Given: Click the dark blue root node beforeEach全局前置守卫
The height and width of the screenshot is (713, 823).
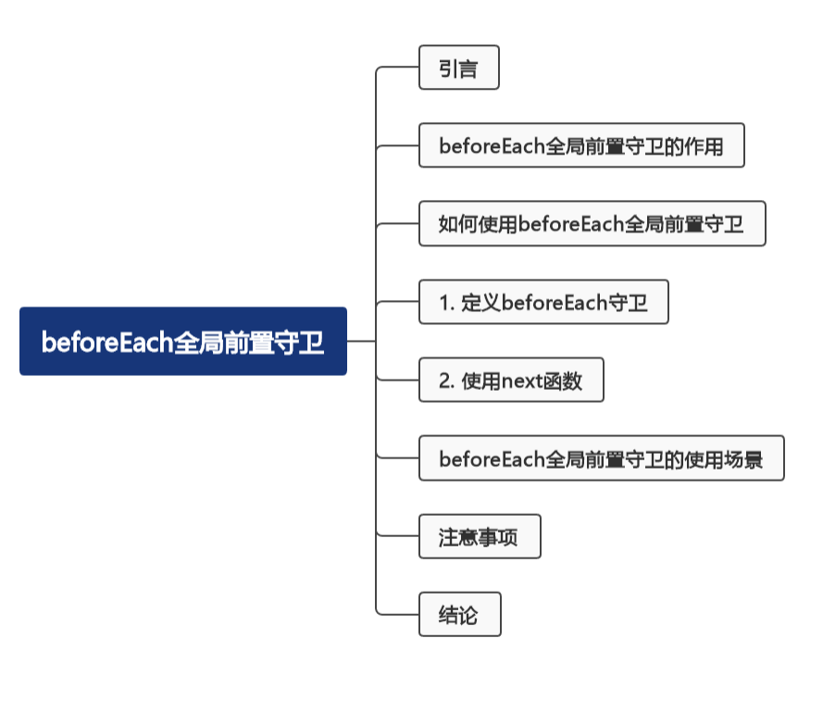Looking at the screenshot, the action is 182,342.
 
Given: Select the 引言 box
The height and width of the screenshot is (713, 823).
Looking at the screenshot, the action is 458,68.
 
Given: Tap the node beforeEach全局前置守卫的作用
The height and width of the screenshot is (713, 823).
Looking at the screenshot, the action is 581,145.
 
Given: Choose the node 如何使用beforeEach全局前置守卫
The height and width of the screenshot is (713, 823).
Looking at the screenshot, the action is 592,223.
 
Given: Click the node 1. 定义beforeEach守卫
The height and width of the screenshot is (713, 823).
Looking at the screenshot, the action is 543,302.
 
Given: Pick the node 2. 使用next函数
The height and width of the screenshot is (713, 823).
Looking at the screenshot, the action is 511,380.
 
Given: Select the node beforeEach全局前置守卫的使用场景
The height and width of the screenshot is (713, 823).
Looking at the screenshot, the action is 601,458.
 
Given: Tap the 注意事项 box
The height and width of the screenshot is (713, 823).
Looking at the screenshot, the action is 479,536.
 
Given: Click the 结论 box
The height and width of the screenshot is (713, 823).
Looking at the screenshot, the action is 459,614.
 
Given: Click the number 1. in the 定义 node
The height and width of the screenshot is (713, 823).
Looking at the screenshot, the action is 446,303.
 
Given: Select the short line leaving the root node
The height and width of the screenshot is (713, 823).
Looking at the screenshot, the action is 360,341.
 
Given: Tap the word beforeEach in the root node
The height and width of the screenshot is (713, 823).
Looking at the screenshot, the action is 106,343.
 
